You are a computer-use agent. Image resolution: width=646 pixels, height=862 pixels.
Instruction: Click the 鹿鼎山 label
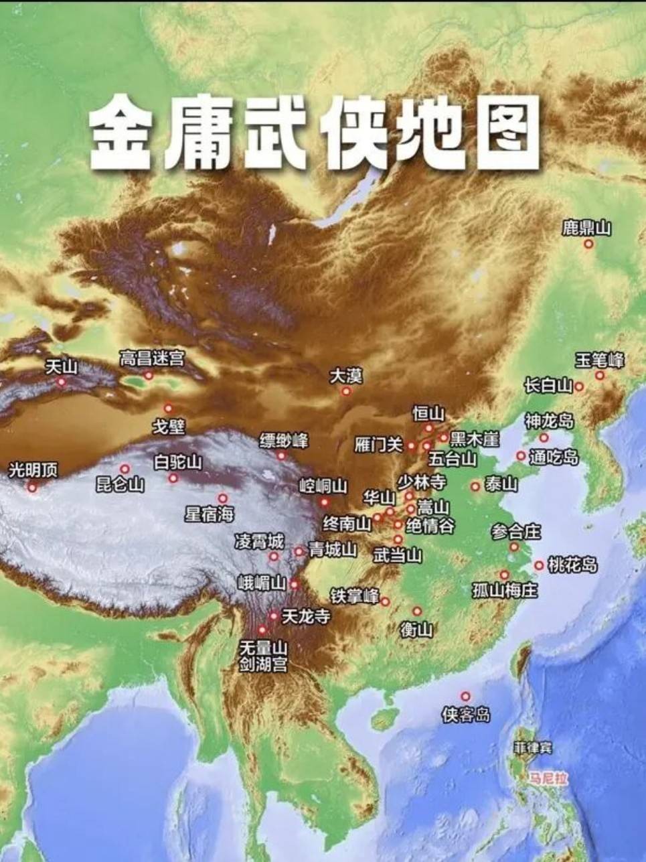[x=586, y=228]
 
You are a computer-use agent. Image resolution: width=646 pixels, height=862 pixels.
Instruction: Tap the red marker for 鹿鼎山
[x=588, y=244]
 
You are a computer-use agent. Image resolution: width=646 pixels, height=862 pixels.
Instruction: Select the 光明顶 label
[x=33, y=470]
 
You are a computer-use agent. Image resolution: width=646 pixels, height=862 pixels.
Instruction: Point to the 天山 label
[x=62, y=366]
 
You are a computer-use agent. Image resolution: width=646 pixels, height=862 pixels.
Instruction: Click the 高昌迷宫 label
[x=151, y=358]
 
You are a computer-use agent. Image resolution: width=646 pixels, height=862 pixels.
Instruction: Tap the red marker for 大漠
[x=346, y=391]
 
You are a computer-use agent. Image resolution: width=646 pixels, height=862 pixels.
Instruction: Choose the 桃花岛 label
[x=572, y=565]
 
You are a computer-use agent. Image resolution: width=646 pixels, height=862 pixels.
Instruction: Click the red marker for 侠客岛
[x=465, y=697]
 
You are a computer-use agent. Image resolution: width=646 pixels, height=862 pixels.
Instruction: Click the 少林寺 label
[x=421, y=482]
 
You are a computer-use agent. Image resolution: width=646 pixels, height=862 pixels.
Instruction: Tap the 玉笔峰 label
[x=600, y=360]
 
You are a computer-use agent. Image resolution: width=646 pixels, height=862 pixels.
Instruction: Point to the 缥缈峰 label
[x=284, y=441]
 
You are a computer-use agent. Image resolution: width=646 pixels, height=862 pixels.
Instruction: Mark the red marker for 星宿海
[x=223, y=499]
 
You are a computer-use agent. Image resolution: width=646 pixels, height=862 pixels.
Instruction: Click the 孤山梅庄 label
[x=505, y=591]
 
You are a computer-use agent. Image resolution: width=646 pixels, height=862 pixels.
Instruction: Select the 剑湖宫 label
[x=264, y=664]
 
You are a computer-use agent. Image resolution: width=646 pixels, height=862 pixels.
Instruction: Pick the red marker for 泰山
[x=475, y=486]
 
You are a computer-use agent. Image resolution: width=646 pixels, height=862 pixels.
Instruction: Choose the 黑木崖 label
[x=474, y=439]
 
